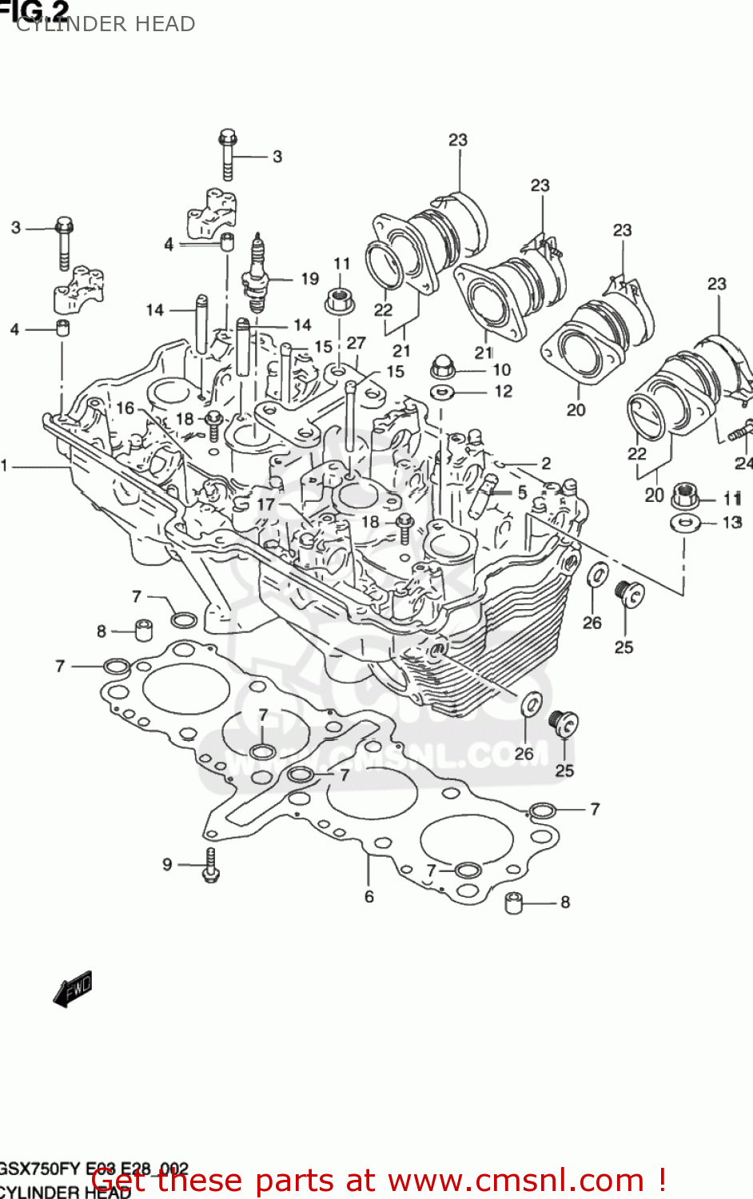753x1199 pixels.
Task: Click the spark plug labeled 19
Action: [x=256, y=276]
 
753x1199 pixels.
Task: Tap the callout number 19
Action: [x=309, y=279]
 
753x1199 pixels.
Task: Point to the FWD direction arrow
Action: [x=73, y=989]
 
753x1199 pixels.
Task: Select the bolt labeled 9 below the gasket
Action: [x=211, y=866]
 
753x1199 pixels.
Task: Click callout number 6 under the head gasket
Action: [x=369, y=897]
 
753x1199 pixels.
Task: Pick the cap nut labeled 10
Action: [x=442, y=368]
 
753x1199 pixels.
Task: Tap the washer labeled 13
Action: [x=684, y=524]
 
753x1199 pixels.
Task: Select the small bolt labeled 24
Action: [x=739, y=432]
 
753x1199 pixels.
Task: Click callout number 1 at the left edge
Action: [x=5, y=465]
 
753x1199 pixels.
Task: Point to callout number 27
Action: [x=356, y=343]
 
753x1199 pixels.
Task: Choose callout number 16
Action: [x=125, y=408]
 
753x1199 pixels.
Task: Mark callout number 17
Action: [x=265, y=504]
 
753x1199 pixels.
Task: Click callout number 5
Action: [x=522, y=492]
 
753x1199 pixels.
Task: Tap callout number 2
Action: [x=545, y=464]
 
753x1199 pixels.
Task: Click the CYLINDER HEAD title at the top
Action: [x=106, y=24]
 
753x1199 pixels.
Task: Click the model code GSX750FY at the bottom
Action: [x=40, y=1168]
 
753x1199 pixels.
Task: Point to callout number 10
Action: [x=501, y=369]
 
